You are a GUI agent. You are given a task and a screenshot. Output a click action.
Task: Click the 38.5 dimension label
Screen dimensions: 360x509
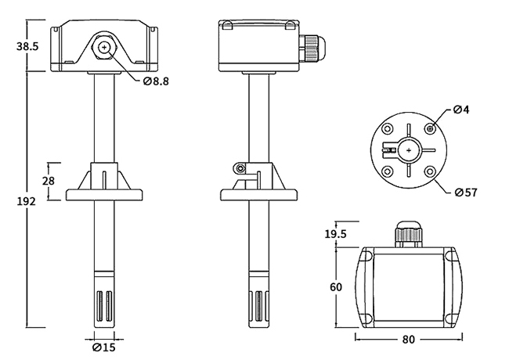27,47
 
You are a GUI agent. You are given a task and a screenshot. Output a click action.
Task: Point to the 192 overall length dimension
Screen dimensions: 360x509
26,201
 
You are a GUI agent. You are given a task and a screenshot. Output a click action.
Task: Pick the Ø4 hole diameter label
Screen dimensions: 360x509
461,110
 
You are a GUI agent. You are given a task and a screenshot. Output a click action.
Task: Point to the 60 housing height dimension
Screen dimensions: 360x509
335,286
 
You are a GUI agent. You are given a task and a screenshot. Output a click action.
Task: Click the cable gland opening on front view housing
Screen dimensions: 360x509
104,48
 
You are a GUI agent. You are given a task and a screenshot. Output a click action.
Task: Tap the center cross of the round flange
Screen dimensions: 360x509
408,149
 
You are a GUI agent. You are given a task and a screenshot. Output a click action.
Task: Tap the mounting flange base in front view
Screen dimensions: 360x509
104,193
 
